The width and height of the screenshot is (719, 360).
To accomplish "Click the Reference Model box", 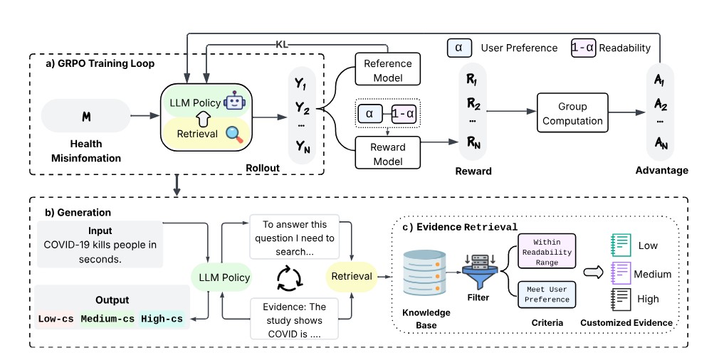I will pyautogui.click(x=387, y=70).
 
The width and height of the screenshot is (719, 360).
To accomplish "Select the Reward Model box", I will pyautogui.click(x=387, y=154).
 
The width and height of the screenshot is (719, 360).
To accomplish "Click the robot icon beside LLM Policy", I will pyautogui.click(x=233, y=102).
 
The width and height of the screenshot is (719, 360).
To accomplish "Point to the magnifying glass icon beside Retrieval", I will pyautogui.click(x=233, y=133).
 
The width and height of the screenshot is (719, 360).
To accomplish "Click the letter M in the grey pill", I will pyautogui.click(x=85, y=115).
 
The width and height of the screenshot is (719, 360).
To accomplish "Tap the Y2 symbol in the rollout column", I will pyautogui.click(x=302, y=110).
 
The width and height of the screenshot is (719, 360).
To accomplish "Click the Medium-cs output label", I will pyautogui.click(x=107, y=318).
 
